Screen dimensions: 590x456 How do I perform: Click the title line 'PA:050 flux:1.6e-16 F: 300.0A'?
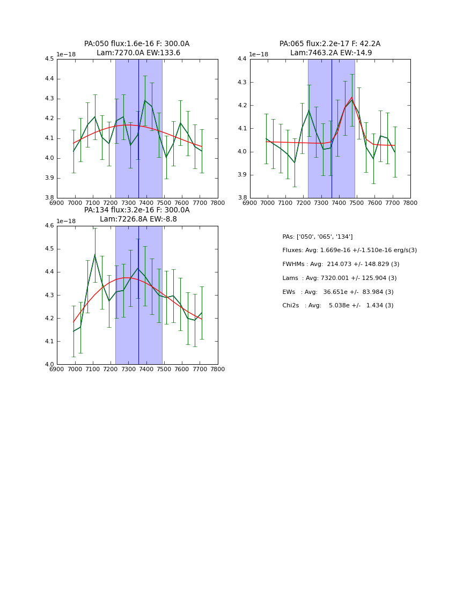(x=137, y=44)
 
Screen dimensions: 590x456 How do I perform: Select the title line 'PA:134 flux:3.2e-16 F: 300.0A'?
(x=137, y=210)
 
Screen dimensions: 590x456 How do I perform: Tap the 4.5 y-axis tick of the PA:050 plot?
(x=49, y=59)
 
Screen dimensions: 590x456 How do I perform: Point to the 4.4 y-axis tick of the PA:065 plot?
(x=242, y=59)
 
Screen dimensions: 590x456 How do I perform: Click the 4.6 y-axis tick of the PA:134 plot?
(x=49, y=226)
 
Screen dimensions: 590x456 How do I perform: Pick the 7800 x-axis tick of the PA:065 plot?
(x=410, y=203)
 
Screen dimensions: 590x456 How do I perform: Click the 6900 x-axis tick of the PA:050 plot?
(x=57, y=203)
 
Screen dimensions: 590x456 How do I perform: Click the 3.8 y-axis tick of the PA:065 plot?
(x=242, y=198)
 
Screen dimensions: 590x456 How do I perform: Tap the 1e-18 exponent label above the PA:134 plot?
(x=66, y=221)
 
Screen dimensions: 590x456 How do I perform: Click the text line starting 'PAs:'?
(x=318, y=237)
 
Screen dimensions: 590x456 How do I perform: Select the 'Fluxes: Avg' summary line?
(x=349, y=250)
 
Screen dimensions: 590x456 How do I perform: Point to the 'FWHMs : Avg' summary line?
(x=341, y=264)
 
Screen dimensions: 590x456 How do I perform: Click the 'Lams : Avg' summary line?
(x=340, y=278)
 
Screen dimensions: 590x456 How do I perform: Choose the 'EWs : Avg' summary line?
(x=338, y=292)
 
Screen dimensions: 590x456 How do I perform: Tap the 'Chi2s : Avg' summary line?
(x=338, y=306)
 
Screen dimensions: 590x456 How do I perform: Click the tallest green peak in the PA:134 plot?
(x=94, y=254)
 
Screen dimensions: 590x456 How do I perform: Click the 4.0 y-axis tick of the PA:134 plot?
(x=49, y=365)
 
